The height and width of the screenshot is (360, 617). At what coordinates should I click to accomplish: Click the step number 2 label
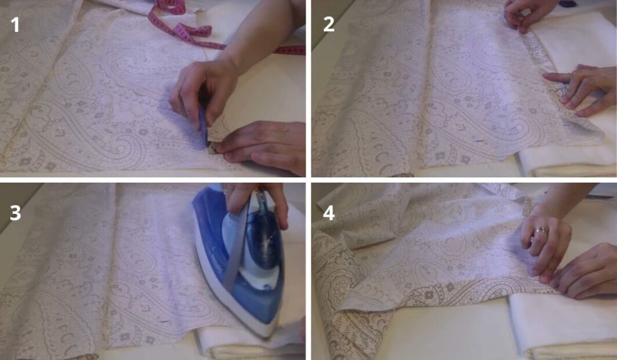(329, 25)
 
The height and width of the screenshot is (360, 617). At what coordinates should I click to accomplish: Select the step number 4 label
(329, 213)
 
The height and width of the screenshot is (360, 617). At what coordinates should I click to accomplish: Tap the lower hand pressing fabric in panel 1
(264, 145)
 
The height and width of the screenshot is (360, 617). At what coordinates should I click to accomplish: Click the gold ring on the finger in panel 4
(540, 231)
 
